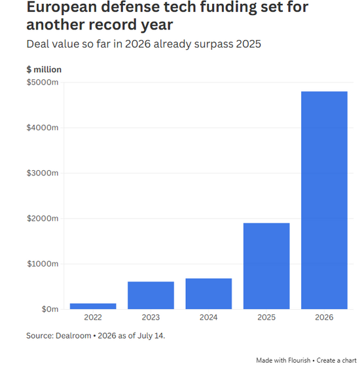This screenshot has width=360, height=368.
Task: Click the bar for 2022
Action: (93, 306)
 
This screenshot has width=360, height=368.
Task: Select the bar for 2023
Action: (151, 295)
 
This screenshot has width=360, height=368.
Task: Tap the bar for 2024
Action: (209, 293)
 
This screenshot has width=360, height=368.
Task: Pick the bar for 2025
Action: (266, 266)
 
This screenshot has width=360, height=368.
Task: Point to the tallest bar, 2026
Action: (325, 200)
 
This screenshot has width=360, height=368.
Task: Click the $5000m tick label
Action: (43, 83)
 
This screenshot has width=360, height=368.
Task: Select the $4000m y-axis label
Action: (43, 128)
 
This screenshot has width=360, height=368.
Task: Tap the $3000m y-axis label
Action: (43, 173)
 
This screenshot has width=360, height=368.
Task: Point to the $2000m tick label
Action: (43, 219)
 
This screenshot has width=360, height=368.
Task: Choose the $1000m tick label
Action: (43, 264)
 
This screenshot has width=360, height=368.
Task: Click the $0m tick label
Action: (50, 309)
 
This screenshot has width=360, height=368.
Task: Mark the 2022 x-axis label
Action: (93, 318)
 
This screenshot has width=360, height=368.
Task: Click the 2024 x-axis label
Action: (209, 318)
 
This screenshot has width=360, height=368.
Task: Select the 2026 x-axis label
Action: (324, 318)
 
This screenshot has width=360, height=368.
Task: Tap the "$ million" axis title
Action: (44, 69)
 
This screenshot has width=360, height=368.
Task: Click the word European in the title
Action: (62, 7)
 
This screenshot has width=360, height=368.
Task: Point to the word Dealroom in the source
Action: (73, 336)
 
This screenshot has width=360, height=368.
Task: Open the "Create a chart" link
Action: (336, 360)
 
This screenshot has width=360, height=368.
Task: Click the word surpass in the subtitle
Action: (213, 45)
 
